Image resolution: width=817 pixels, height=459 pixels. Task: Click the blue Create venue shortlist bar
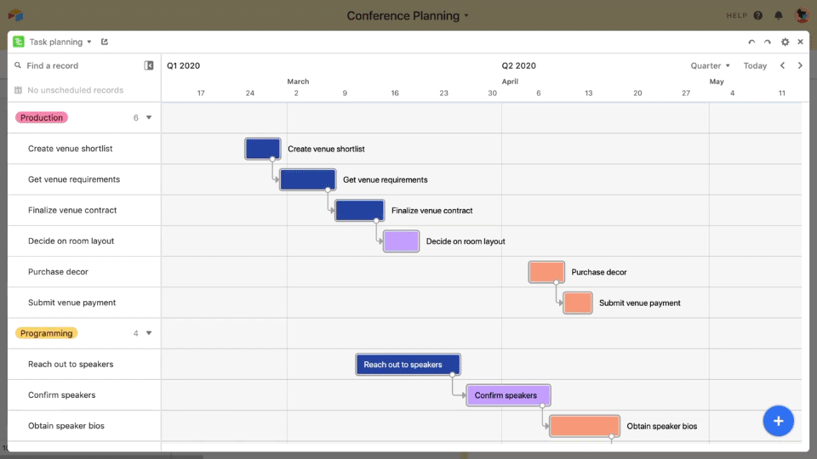262,149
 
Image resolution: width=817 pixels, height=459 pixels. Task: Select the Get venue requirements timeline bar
307,179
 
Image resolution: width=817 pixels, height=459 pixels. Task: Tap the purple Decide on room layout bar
401,241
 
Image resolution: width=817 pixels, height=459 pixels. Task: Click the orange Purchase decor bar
546,272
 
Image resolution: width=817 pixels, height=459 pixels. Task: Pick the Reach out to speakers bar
408,365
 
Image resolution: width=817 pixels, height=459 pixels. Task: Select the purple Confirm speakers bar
508,395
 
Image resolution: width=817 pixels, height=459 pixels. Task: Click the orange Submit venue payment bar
578,303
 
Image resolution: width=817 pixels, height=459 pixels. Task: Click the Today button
755,65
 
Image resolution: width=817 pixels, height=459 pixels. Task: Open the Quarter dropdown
710,65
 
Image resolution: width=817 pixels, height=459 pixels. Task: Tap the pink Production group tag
42,118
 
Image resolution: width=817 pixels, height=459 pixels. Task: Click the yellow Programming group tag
46,333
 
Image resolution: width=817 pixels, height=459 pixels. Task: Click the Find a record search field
77,65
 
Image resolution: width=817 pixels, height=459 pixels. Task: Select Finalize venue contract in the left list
72,210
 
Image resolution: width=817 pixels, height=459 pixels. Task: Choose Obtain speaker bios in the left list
66,426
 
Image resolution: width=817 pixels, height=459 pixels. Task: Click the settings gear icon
785,42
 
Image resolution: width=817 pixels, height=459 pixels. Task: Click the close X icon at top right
800,42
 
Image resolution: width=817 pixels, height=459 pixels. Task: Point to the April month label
510,82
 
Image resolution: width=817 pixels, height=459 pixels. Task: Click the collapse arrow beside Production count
149,118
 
